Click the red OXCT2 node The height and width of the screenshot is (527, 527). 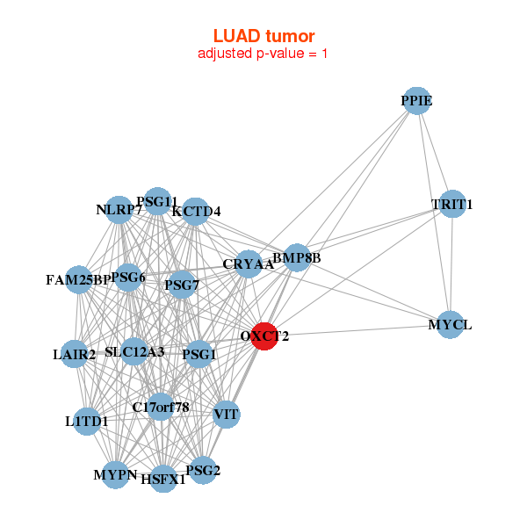[x=265, y=336]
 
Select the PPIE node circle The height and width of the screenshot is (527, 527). [x=416, y=102]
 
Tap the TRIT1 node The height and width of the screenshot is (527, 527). [x=451, y=205]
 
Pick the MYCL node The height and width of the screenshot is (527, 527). [x=450, y=325]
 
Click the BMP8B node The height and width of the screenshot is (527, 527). [x=297, y=258]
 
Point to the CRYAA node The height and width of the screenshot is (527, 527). [x=248, y=264]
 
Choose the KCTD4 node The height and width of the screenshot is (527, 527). [x=196, y=211]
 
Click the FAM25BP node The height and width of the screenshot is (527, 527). [x=78, y=280]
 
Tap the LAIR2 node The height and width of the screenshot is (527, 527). [x=76, y=355]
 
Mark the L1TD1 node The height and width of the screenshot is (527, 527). [x=87, y=422]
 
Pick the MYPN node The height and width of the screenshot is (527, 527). [x=116, y=476]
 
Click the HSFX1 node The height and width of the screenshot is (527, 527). [x=163, y=480]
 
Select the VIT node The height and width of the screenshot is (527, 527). [x=227, y=414]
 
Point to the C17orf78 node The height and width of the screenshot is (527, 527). [x=161, y=407]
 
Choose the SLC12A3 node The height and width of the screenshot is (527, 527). [x=134, y=352]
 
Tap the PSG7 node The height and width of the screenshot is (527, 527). [x=181, y=285]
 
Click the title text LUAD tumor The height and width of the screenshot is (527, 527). [x=263, y=36]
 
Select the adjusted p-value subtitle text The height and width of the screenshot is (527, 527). [x=263, y=54]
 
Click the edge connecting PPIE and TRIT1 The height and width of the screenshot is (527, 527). [x=434, y=154]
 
